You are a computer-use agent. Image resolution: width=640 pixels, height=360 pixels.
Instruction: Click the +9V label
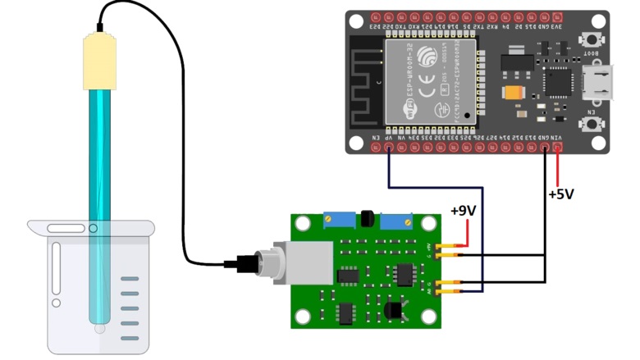pyautogui.click(x=463, y=211)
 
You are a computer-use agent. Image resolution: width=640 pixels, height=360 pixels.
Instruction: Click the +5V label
pyautogui.click(x=561, y=194)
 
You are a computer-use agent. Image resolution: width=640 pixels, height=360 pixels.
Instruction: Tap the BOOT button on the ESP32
pyautogui.click(x=589, y=39)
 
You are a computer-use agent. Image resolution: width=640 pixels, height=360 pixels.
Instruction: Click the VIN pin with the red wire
pyautogui.click(x=558, y=148)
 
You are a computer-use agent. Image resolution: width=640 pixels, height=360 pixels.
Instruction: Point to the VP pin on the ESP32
pyautogui.click(x=389, y=148)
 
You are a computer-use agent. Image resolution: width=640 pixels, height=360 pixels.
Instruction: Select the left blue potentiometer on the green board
pyautogui.click(x=338, y=220)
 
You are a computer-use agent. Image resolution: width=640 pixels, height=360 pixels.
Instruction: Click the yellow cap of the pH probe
pyautogui.click(x=98, y=61)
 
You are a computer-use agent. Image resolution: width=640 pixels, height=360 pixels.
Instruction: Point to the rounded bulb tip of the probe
pyautogui.click(x=99, y=327)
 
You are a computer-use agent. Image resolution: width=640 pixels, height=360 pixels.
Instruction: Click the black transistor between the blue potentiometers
pyautogui.click(x=367, y=219)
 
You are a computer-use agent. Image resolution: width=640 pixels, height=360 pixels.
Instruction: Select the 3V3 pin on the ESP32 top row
pyautogui.click(x=558, y=17)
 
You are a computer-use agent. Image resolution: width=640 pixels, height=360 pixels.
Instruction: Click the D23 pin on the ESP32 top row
pyautogui.click(x=375, y=17)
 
